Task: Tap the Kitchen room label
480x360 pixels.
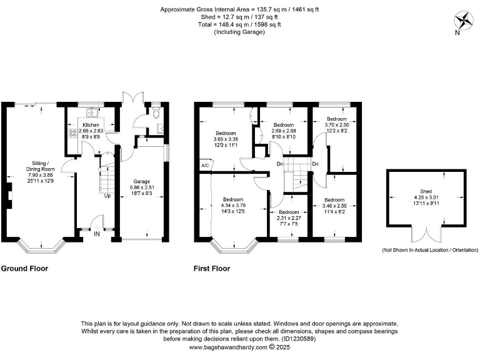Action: click(91, 125)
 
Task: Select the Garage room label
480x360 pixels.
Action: click(142, 181)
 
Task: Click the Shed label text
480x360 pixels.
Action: click(426, 191)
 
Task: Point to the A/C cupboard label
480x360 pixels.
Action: click(205, 165)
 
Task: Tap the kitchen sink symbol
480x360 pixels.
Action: click(92, 112)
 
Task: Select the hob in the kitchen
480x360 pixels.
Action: click(73, 134)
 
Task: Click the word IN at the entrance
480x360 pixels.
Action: click(97, 234)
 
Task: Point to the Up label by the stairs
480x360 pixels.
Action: click(107, 196)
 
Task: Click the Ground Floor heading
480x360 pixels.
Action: click(24, 269)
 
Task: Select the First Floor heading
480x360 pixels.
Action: click(212, 269)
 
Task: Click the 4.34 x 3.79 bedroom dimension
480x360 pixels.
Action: click(233, 206)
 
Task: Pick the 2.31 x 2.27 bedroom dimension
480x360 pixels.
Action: click(289, 218)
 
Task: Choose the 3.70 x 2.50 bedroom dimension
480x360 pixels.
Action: click(337, 125)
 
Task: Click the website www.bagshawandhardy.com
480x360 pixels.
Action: click(228, 347)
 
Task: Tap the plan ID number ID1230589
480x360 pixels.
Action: click(299, 339)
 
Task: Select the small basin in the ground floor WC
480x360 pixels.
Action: click(160, 129)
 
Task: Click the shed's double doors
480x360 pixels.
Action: click(426, 234)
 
